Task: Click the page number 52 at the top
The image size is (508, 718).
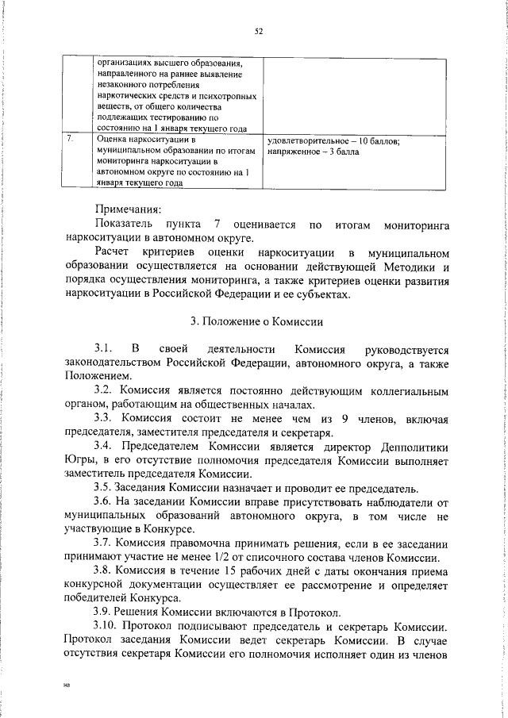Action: [258, 32]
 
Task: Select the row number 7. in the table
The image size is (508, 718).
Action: [71, 140]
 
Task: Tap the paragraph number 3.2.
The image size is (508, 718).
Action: [104, 391]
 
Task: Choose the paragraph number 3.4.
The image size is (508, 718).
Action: [104, 447]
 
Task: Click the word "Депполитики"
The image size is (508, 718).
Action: [418, 447]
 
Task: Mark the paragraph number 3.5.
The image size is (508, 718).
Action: [104, 489]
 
